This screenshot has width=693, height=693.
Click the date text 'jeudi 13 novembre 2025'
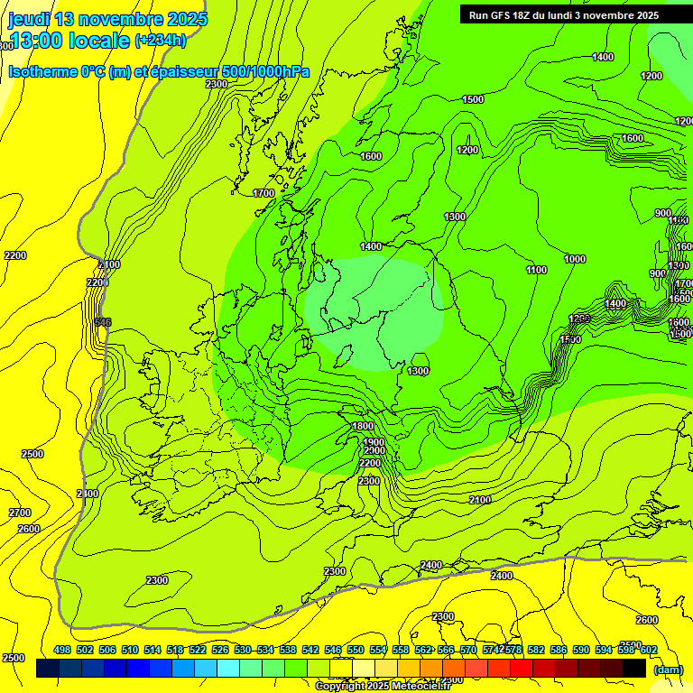click(107, 19)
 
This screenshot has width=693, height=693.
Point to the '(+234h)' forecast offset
click(161, 41)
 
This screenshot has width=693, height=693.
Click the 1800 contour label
click(362, 427)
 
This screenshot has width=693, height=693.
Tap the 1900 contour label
click(374, 443)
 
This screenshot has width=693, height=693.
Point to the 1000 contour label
click(575, 259)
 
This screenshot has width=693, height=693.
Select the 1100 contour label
click(536, 270)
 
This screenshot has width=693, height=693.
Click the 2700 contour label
click(20, 513)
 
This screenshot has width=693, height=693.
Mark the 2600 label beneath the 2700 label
click(29, 529)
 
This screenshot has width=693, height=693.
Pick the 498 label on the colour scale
click(62, 650)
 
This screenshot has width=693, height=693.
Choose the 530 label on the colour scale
click(243, 650)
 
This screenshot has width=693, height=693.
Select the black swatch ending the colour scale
click(634, 668)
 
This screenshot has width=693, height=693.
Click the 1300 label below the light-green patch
click(417, 371)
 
